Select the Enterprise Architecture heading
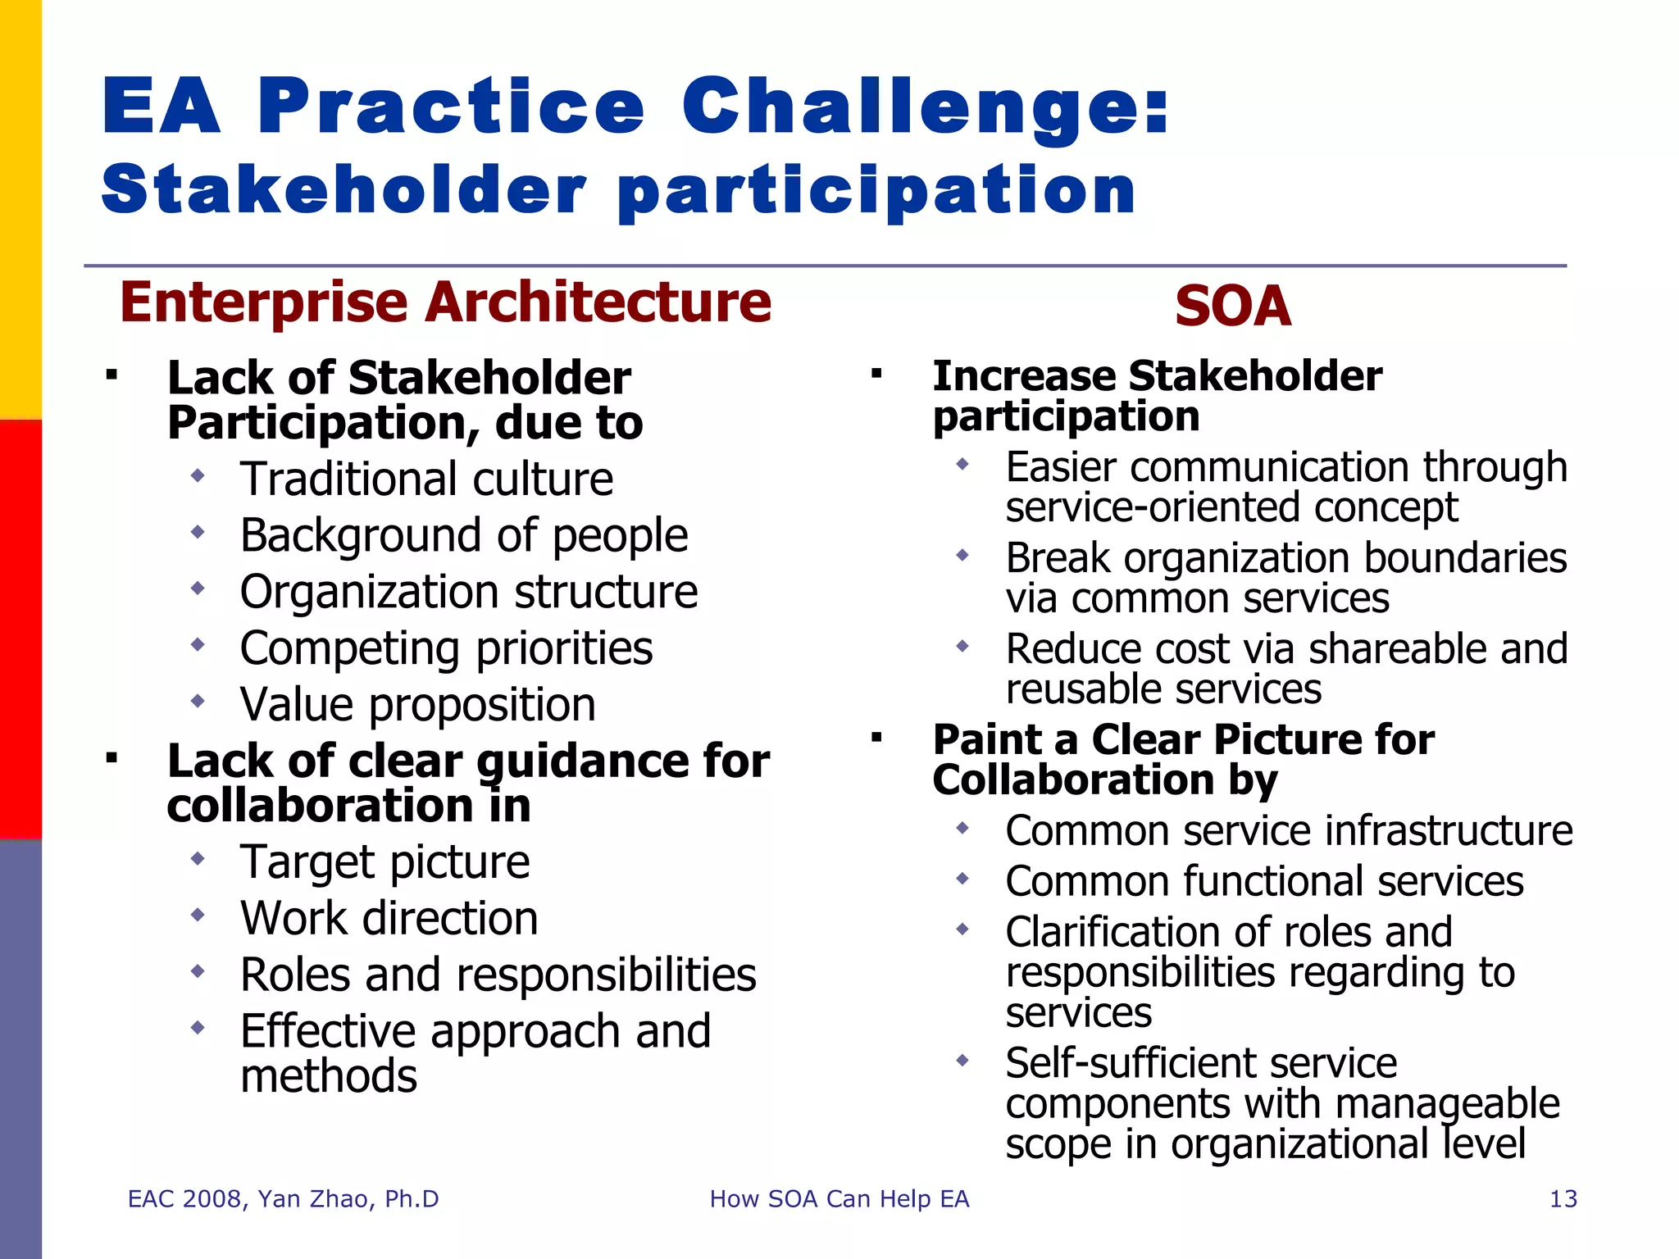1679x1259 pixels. click(x=445, y=302)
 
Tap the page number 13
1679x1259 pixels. click(x=1563, y=1199)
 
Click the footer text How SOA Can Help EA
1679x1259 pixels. click(x=839, y=1199)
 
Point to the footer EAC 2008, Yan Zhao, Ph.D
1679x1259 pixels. click(x=283, y=1199)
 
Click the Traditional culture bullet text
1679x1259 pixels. click(x=426, y=480)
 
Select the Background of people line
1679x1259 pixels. click(x=464, y=536)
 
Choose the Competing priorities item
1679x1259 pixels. click(x=446, y=649)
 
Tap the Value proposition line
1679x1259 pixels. click(x=417, y=705)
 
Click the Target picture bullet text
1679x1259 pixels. click(x=384, y=862)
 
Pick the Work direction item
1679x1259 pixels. click(x=389, y=918)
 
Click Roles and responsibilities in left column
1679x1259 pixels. click(x=498, y=975)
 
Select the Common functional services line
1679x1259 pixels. click(x=1264, y=882)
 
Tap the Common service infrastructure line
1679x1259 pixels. click(x=1289, y=831)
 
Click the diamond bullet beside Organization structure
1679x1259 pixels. click(x=198, y=589)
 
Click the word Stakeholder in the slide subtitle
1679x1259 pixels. click(x=344, y=190)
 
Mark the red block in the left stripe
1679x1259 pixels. click(x=20, y=629)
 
